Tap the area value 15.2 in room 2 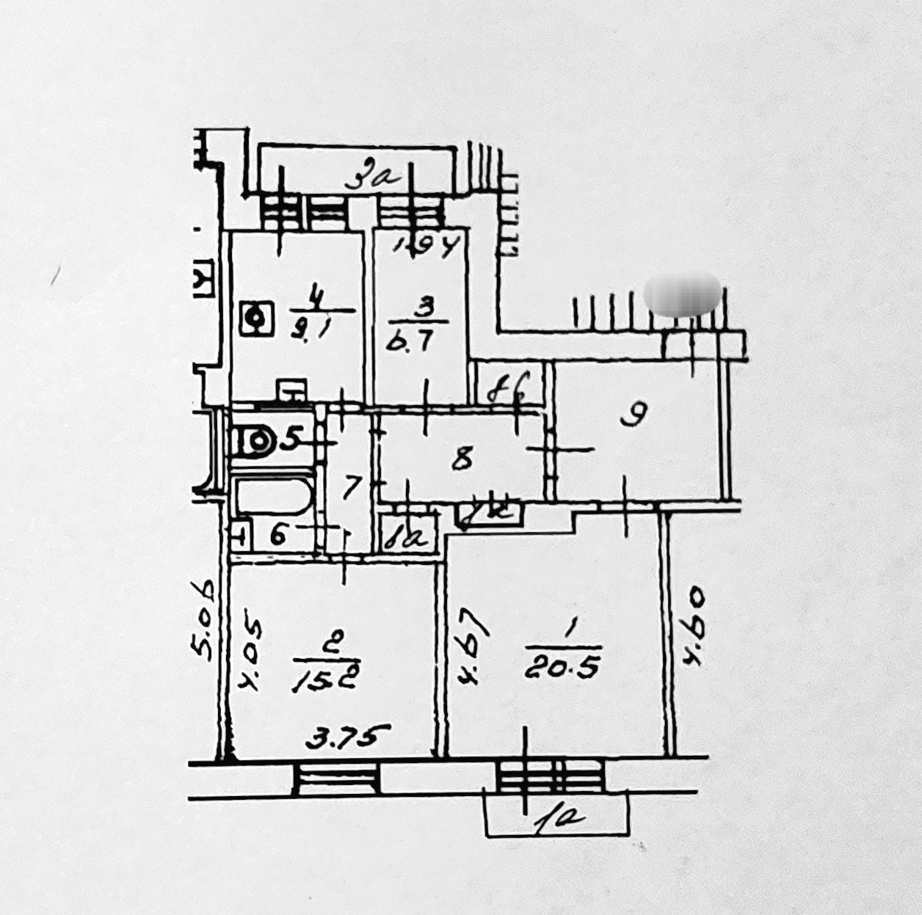click(x=326, y=680)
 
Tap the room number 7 click(x=352, y=486)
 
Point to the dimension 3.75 click(x=346, y=734)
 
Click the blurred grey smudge click(x=682, y=294)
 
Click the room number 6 click(x=277, y=535)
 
